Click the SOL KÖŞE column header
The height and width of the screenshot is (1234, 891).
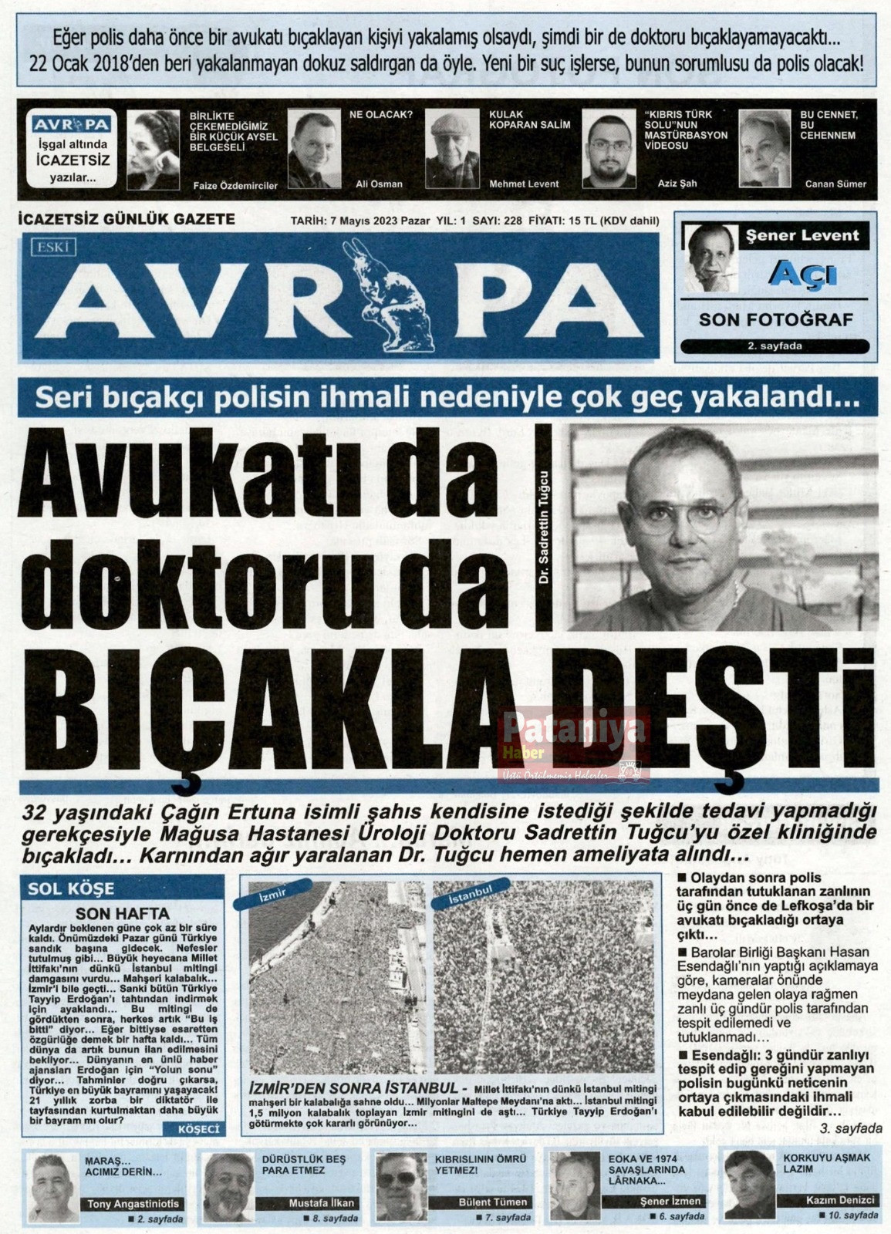[71, 888]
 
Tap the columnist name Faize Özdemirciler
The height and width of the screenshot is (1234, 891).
[233, 185]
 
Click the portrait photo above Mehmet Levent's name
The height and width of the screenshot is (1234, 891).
[453, 148]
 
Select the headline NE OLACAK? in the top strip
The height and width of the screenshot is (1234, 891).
[381, 115]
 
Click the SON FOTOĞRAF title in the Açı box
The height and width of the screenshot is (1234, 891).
[775, 319]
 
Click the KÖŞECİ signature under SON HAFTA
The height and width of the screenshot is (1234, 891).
[199, 1128]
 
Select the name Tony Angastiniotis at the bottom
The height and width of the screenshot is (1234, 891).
[133, 1203]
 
